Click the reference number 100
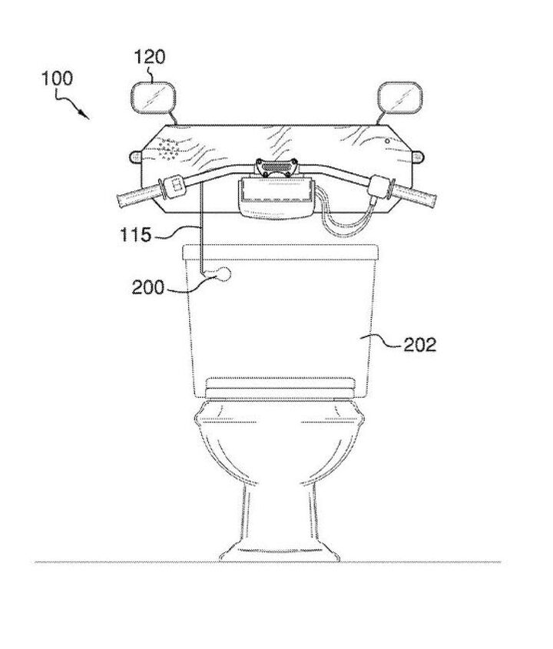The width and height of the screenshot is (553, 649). click(57, 78)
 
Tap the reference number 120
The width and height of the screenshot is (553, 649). click(150, 57)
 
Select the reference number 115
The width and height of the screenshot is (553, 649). click(135, 235)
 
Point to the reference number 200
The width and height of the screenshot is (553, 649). click(147, 287)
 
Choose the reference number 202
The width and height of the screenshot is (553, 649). click(419, 344)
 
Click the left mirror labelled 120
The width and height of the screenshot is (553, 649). click(154, 97)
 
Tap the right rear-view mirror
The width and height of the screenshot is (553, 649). click(400, 97)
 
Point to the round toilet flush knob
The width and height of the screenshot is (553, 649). click(224, 274)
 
